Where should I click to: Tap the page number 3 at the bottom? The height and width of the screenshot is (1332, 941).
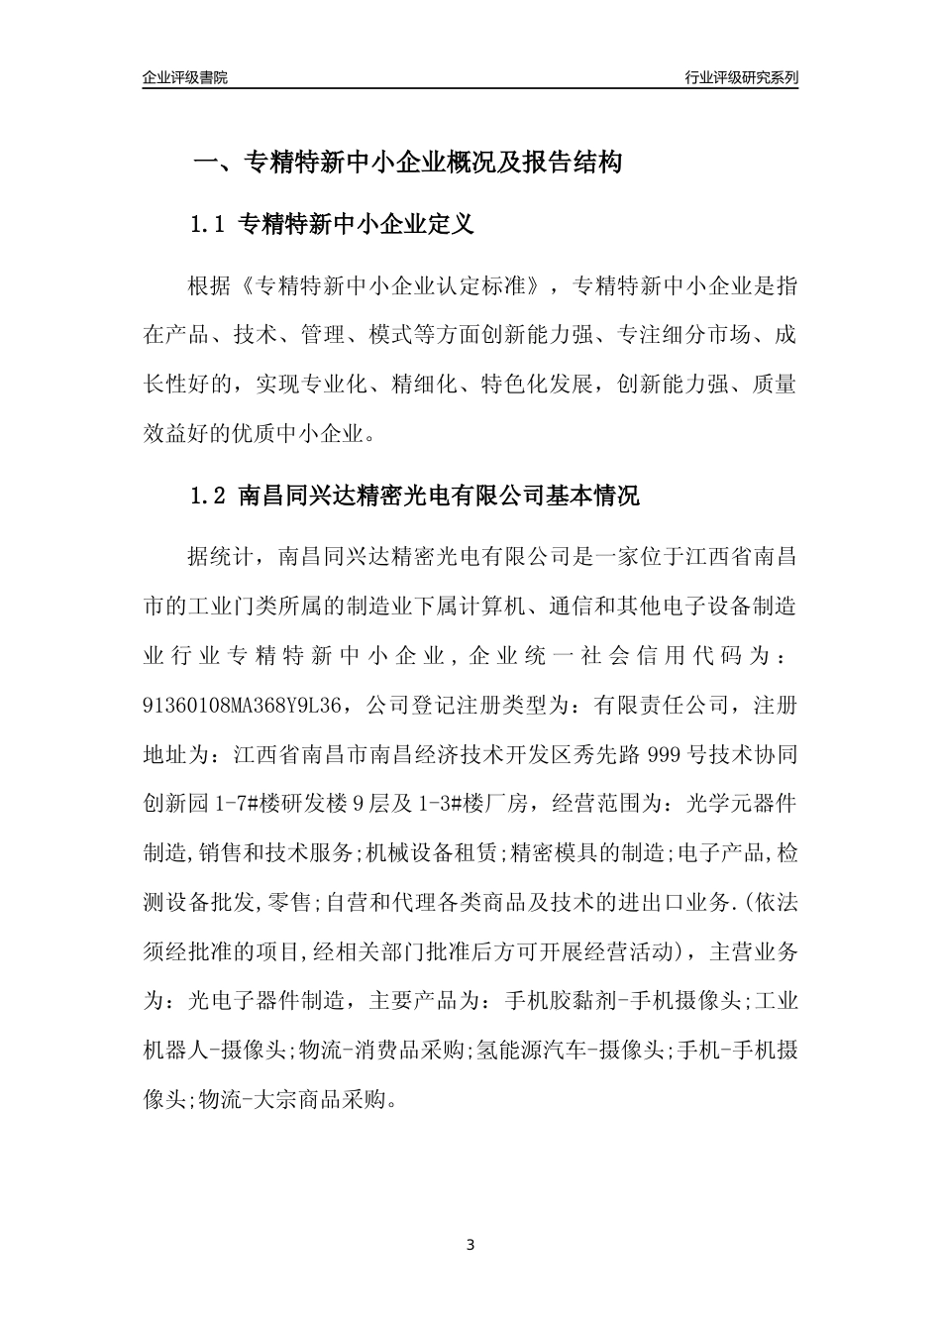470,1244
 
